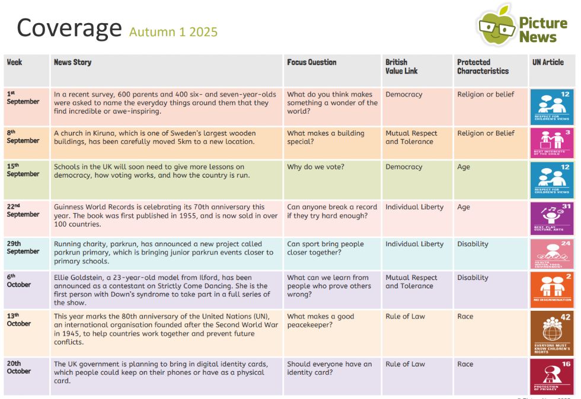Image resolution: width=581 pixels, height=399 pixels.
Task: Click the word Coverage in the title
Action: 69,27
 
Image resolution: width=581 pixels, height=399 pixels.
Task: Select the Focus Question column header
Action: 311,62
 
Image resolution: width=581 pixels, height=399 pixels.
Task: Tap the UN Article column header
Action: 547,62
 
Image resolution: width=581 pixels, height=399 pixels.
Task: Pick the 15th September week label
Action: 23,170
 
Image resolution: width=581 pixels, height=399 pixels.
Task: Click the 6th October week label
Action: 18,281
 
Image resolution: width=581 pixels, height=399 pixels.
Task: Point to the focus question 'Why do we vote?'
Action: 312,167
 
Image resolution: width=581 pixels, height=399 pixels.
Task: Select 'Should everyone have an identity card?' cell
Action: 329,368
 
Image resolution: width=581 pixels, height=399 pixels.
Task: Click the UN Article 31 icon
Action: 551,218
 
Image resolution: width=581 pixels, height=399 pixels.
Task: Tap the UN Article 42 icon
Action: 551,333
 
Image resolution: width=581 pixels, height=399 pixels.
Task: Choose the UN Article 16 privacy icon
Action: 551,376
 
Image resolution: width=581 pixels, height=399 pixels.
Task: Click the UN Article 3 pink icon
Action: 551,143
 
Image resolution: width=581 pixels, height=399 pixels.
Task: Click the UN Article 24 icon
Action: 551,253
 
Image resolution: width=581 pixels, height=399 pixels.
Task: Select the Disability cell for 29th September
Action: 473,244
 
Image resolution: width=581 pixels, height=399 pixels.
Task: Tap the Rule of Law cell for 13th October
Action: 405,316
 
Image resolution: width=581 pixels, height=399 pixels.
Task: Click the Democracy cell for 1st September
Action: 404,94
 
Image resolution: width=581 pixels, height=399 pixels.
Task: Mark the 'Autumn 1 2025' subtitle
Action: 173,31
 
